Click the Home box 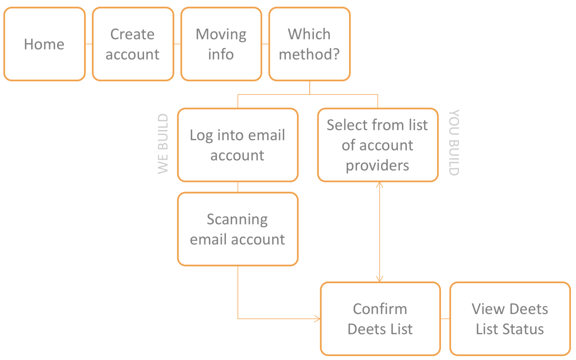click(44, 44)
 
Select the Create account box click(133, 44)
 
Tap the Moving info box click(221, 44)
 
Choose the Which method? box click(309, 44)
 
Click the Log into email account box click(238, 145)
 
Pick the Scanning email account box click(238, 229)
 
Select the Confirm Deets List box click(380, 319)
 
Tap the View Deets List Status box click(510, 319)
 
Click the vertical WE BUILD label click(163, 144)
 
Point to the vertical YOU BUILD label click(454, 143)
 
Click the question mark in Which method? click(336, 54)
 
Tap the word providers click(377, 166)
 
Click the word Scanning click(237, 220)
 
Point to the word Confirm click(380, 309)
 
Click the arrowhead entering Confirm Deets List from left click(318, 319)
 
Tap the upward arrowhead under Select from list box click(379, 185)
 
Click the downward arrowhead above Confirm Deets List click(379, 279)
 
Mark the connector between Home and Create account click(89, 44)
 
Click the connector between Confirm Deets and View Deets click(445, 319)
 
